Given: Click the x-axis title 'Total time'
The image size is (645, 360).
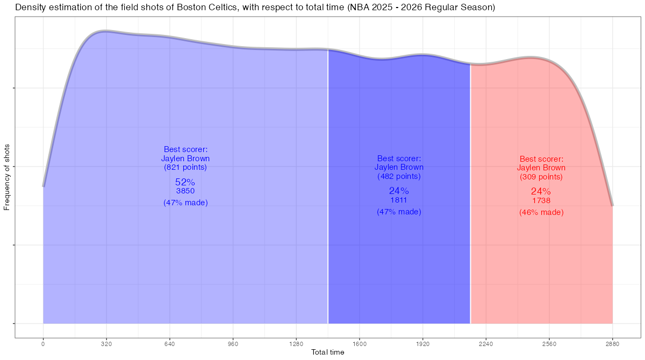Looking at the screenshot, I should [328, 352].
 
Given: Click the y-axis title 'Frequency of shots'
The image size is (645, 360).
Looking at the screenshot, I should [7, 177].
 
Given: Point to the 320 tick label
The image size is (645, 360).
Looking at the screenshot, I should [106, 344].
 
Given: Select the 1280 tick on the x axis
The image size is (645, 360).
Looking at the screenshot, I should [296, 344].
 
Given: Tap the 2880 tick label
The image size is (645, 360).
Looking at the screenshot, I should [612, 344].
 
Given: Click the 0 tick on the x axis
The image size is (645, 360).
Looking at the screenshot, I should [43, 344].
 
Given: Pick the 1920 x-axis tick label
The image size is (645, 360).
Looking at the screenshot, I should [422, 344].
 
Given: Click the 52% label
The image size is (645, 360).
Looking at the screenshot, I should [185, 182].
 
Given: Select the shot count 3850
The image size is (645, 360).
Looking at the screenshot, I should [185, 191].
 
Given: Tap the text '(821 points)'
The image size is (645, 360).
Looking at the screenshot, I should [185, 167].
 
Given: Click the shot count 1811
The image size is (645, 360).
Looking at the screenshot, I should [399, 200].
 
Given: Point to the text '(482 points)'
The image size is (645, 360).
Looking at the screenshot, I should [399, 176].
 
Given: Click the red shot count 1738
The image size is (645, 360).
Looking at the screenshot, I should [541, 200].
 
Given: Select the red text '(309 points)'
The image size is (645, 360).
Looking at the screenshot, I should [541, 177].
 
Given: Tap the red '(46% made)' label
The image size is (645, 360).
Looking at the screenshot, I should [541, 212].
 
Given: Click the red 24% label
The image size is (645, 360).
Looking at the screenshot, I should [541, 191].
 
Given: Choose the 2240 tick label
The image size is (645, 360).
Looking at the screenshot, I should [486, 344].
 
